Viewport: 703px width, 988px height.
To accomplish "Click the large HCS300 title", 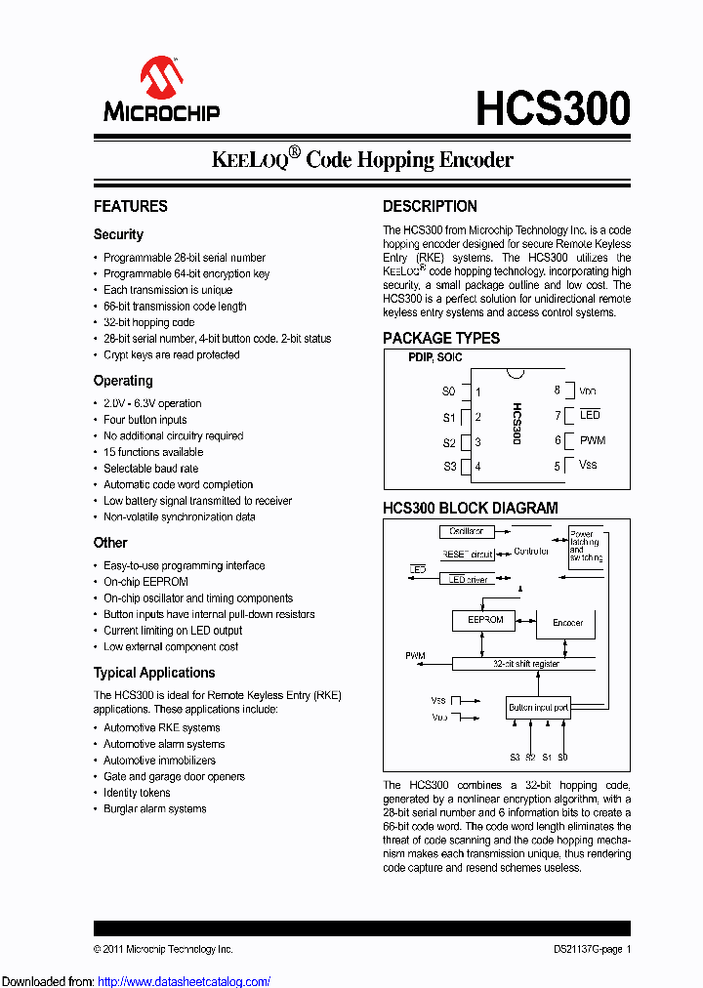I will pos(553,107).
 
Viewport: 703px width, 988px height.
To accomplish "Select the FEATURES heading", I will pos(130,206).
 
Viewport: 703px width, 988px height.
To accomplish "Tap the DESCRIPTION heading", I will pos(430,206).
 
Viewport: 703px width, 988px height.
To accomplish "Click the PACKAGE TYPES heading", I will pos(440,338).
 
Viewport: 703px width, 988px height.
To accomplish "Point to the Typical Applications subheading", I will pos(153,673).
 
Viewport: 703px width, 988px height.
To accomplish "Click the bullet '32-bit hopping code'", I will pos(148,322).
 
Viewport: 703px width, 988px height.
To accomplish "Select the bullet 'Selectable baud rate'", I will pos(150,469).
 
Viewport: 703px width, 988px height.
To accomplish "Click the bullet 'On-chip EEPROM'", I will pos(139,582).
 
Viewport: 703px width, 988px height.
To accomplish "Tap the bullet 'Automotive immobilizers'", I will pos(159,761).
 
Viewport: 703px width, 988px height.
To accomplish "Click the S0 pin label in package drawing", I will pos(448,391).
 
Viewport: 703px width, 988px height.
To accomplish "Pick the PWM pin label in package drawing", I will pos(592,440).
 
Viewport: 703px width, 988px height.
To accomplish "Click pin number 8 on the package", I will pos(558,391).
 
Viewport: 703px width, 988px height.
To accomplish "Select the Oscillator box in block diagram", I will pos(466,532).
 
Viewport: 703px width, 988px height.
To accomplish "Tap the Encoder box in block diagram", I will pos(567,622).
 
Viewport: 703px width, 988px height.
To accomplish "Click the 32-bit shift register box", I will pos(525,664).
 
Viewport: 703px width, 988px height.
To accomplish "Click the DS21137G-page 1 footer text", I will pos(586,949).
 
